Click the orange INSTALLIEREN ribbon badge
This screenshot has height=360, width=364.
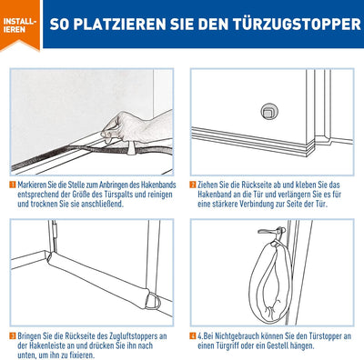[20, 25]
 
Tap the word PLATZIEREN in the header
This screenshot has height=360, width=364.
[120, 25]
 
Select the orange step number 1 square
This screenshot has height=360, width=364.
[13, 185]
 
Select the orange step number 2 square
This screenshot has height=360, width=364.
[193, 185]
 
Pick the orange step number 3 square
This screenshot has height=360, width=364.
[13, 335]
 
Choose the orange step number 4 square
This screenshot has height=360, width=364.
[193, 335]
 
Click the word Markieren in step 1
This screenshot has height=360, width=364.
[32, 185]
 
